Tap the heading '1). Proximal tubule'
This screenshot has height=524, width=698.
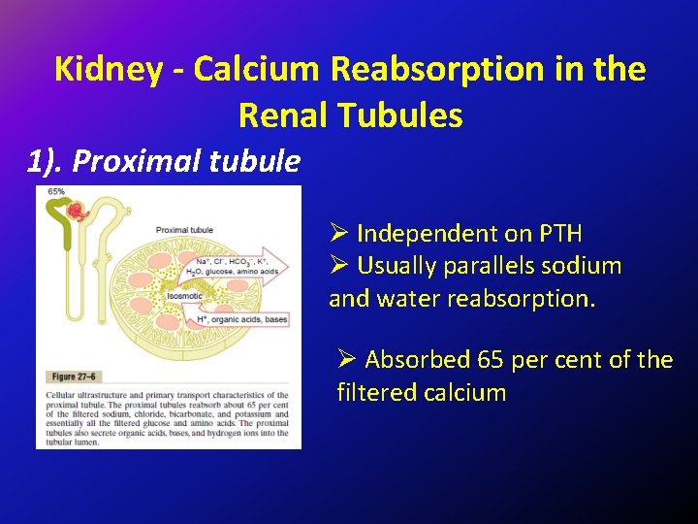pyautogui.click(x=164, y=160)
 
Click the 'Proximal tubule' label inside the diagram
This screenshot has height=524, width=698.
pyautogui.click(x=184, y=230)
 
